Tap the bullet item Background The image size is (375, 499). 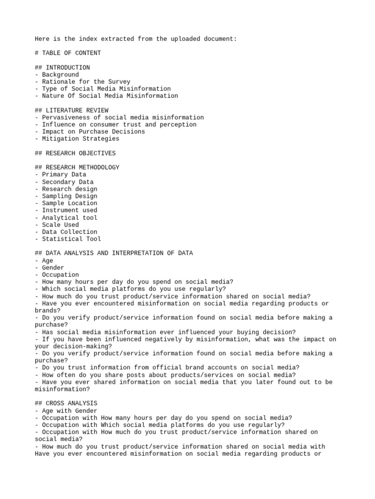tap(60, 75)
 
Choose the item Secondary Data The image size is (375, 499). tap(68, 182)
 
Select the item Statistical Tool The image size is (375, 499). tap(71, 239)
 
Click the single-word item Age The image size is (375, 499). tap(47, 261)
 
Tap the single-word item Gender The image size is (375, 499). tap(53, 268)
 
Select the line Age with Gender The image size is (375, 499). tap(66, 411)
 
